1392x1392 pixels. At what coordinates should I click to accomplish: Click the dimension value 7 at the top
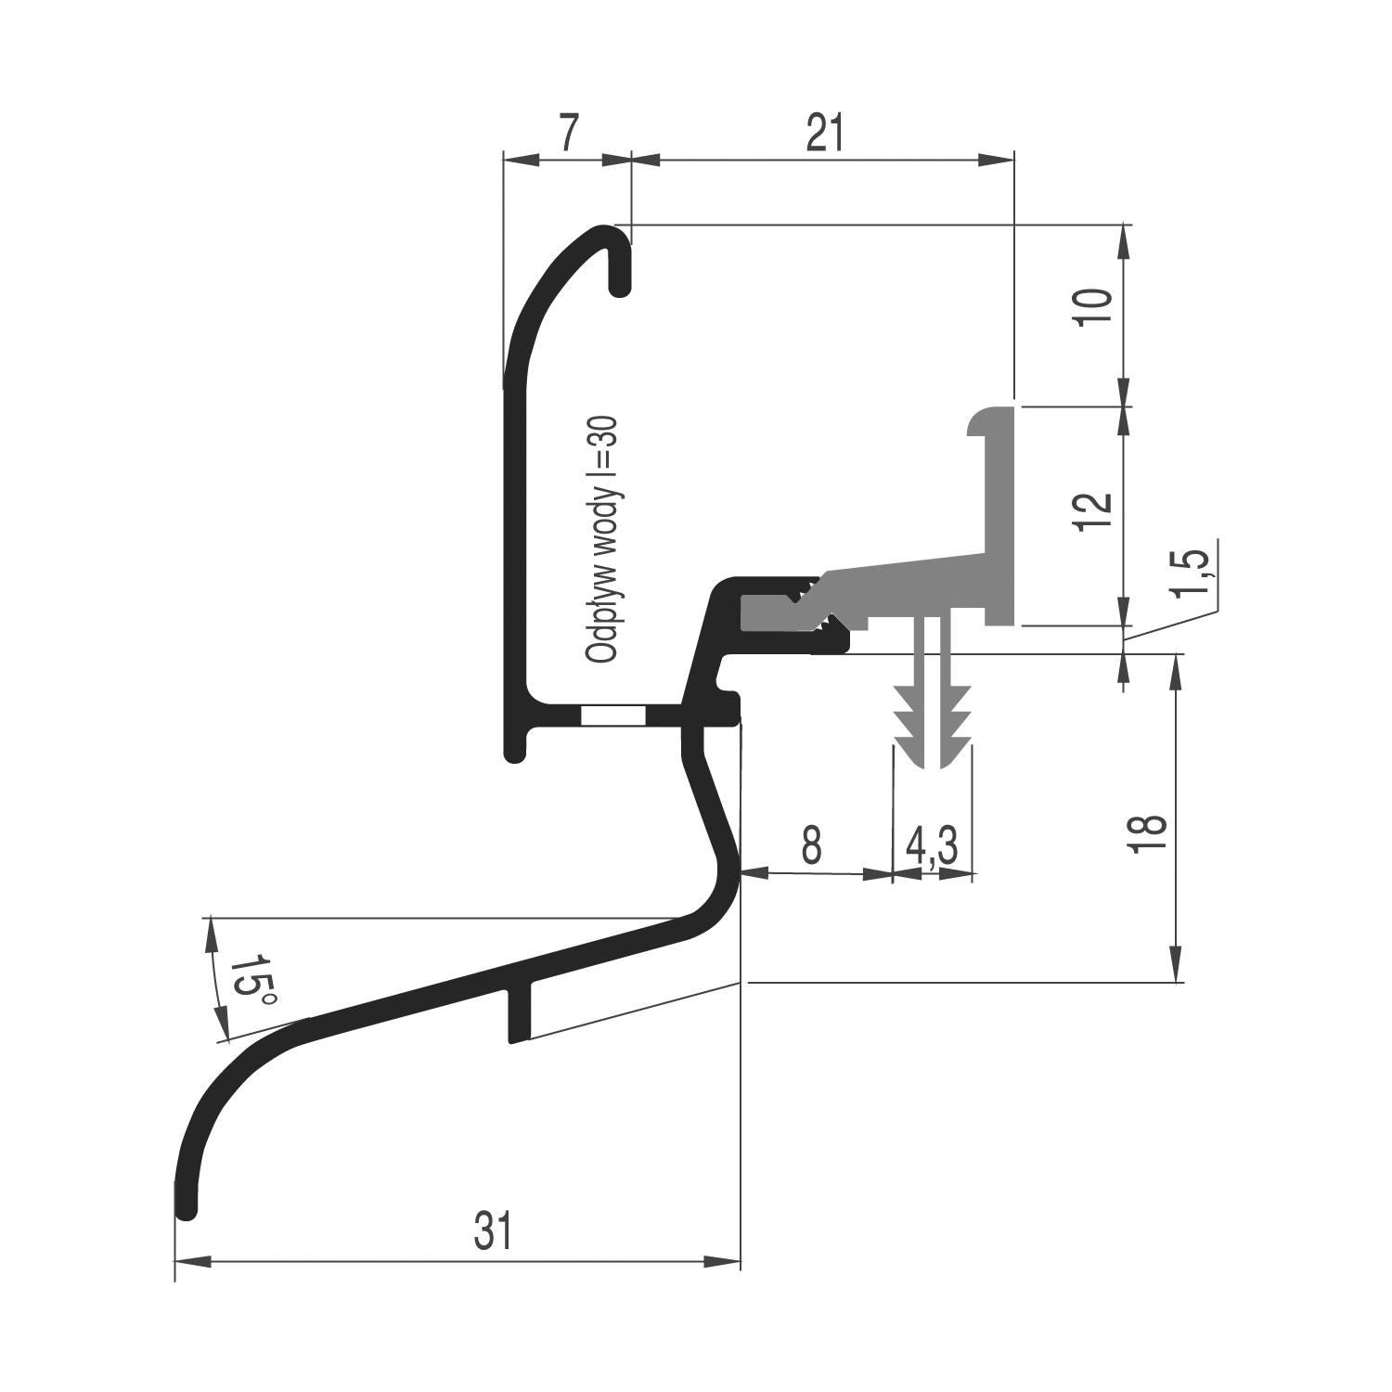(x=571, y=134)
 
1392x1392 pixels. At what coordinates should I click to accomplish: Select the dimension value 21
(x=825, y=134)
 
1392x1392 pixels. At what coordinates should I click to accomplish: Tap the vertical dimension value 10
(x=1095, y=306)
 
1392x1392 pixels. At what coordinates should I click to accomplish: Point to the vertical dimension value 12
(x=1095, y=511)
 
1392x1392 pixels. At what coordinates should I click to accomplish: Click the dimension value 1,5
(x=1196, y=574)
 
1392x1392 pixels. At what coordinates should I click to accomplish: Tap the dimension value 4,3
(x=932, y=845)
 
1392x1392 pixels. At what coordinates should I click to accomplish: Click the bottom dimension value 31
(x=493, y=1231)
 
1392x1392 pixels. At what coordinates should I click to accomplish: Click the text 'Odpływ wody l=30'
(x=602, y=538)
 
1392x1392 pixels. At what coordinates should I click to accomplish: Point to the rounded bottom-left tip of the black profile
(x=186, y=1206)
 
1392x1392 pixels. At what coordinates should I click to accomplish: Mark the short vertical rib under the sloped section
(x=521, y=1014)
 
